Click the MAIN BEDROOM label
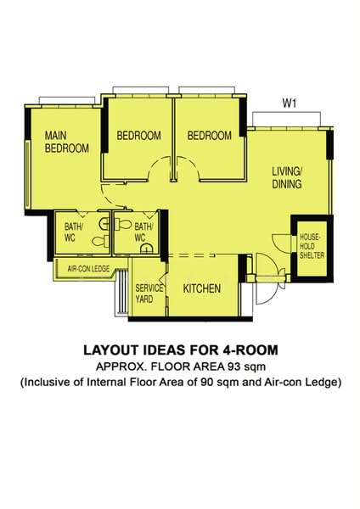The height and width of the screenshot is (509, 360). point(66,142)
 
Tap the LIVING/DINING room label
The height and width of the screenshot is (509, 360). point(287,177)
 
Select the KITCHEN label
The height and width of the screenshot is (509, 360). point(202,288)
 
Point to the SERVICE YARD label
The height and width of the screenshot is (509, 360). point(149,294)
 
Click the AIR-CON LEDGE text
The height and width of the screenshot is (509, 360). point(88,269)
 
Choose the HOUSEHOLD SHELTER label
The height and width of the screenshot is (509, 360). point(312,246)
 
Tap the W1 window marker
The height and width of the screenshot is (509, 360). point(290,103)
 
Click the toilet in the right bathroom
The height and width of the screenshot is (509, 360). point(123,224)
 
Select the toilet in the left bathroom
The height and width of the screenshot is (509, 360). point(101,241)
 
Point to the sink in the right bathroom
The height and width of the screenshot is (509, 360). point(147,249)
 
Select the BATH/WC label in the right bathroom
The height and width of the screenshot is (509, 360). point(143,232)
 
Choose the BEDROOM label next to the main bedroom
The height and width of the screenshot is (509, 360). point(138,136)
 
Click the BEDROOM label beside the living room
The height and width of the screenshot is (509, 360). point(210,136)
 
